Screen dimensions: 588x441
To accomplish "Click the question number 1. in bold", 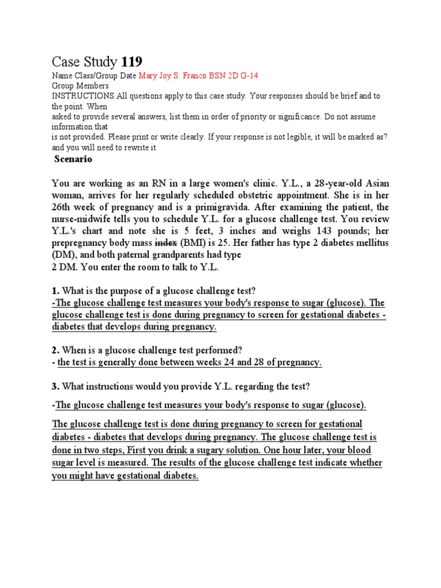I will point(56,290).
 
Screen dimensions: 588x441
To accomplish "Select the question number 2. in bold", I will point(56,350).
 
